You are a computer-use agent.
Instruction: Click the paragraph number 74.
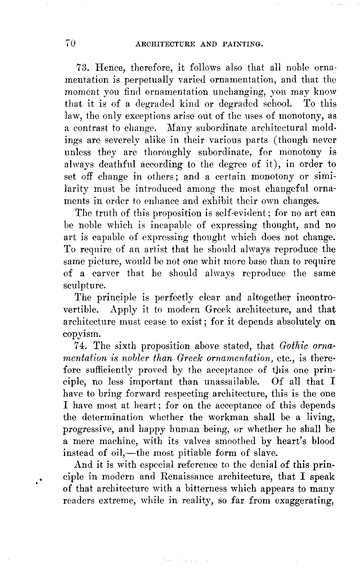(x=82, y=346)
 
